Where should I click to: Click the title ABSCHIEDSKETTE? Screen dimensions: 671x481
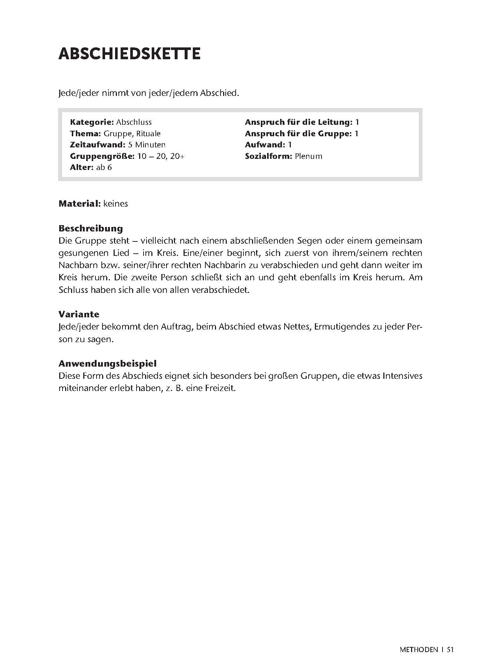[129, 54]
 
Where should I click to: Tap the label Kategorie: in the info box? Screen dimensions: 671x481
[92, 122]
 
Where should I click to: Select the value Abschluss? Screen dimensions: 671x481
[134, 122]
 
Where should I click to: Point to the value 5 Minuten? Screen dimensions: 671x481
[147, 145]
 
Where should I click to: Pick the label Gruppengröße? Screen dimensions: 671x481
[102, 156]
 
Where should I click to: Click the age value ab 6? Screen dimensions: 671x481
[104, 167]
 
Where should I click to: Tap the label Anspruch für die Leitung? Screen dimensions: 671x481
[298, 122]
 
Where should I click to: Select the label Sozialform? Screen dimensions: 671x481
[269, 156]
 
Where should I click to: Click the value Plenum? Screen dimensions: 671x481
[309, 156]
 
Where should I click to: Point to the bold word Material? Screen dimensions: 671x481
[80, 204]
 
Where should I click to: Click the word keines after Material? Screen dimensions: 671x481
[116, 204]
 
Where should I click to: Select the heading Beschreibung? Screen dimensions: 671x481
[91, 228]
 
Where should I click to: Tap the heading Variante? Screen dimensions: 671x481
[79, 314]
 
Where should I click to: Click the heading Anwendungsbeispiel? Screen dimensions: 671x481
[107, 364]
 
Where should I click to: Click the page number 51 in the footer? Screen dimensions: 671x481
[450, 660]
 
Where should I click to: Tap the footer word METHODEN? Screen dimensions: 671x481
[418, 660]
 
